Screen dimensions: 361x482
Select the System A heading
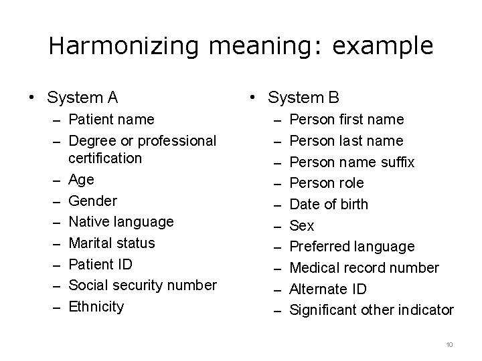[x=82, y=98]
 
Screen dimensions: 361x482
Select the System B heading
[x=303, y=98]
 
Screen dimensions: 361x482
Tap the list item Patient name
[x=111, y=119]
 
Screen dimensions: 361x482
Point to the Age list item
[x=82, y=179]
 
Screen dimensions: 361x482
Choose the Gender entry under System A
[x=92, y=201]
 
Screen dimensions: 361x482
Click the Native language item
[x=121, y=221]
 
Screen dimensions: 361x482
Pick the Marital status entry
[x=112, y=243]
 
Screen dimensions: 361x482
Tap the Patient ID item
[x=100, y=264]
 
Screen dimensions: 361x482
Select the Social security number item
[x=143, y=285]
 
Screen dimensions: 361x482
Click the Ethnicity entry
[x=96, y=306]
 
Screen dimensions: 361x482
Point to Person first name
[x=347, y=119]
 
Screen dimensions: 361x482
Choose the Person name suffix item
[x=352, y=162]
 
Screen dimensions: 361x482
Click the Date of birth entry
[x=329, y=204]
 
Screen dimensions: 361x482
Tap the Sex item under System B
[x=302, y=225]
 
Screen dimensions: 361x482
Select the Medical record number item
[x=364, y=267]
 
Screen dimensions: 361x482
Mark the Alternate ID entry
[x=329, y=289]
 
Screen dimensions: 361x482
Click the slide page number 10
[x=449, y=344]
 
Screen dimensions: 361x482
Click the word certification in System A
[x=105, y=158]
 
